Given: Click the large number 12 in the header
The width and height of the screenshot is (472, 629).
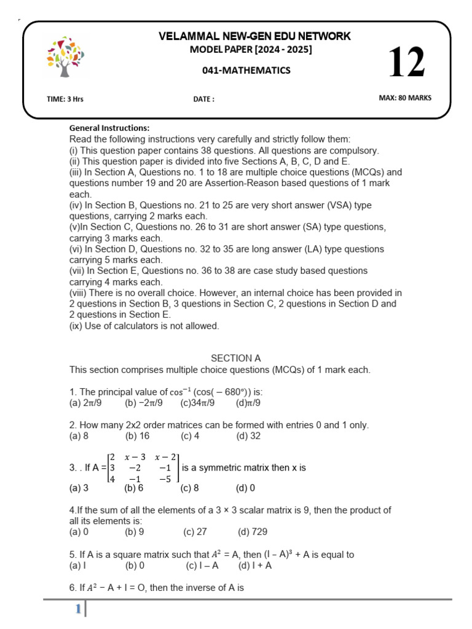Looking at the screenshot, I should (x=406, y=63).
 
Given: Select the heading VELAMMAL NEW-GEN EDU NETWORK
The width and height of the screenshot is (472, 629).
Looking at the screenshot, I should (x=254, y=36).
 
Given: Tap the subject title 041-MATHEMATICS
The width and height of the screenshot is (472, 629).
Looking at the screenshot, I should (x=246, y=71).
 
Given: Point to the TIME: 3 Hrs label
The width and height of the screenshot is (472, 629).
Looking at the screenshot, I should (x=65, y=98).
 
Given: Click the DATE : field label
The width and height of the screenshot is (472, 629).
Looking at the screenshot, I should (x=203, y=99).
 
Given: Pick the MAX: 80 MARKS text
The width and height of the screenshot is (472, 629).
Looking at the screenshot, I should (x=405, y=98).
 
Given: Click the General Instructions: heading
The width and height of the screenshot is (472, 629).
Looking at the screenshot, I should (x=109, y=128).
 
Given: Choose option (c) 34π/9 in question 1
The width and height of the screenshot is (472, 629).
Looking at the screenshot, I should (x=197, y=403).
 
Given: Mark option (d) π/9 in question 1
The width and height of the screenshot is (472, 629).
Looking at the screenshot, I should (x=248, y=403).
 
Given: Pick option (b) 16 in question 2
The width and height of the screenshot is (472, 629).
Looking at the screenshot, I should (x=138, y=436).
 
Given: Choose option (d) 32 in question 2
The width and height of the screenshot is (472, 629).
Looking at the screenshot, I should (x=248, y=436).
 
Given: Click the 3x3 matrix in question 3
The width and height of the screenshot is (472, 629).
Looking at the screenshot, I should (x=143, y=467).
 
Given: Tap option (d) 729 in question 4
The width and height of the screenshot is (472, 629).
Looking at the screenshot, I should (x=253, y=532).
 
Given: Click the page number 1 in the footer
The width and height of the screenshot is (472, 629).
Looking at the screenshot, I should (x=78, y=609).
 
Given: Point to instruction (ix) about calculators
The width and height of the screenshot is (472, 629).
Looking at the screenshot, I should (x=144, y=326).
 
